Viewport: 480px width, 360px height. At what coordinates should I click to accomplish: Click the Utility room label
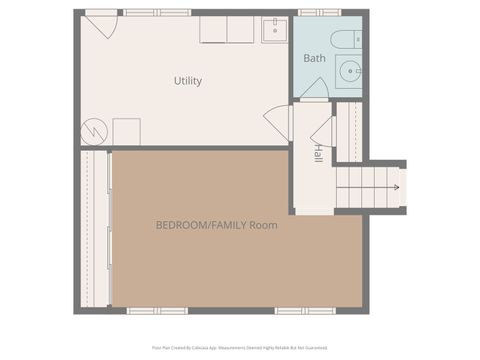pos(187,81)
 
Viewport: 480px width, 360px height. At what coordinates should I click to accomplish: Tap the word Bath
pos(315,58)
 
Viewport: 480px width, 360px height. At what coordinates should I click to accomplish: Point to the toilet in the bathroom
pos(343,40)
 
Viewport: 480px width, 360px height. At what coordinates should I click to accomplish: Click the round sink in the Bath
pos(348,71)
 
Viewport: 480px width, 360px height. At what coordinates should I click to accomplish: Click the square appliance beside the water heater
pos(126,131)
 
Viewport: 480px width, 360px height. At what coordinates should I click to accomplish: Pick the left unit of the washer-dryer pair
pos(214,30)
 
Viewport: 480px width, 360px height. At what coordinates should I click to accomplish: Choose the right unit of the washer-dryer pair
pos(241,30)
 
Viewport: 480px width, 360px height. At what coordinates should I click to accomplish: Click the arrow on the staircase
pos(397,187)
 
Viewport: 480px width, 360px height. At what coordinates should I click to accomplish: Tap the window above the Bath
pos(312,12)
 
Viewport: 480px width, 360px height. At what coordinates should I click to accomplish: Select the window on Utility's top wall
pos(143,12)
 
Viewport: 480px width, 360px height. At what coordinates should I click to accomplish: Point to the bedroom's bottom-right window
pos(295,311)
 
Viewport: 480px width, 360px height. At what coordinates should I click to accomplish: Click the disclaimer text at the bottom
pos(240,348)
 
